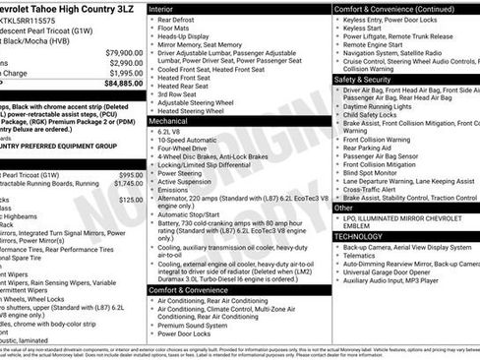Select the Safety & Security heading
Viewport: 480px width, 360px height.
click(364, 79)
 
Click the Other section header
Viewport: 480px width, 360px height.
click(344, 209)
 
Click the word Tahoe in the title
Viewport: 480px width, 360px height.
click(54, 7)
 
